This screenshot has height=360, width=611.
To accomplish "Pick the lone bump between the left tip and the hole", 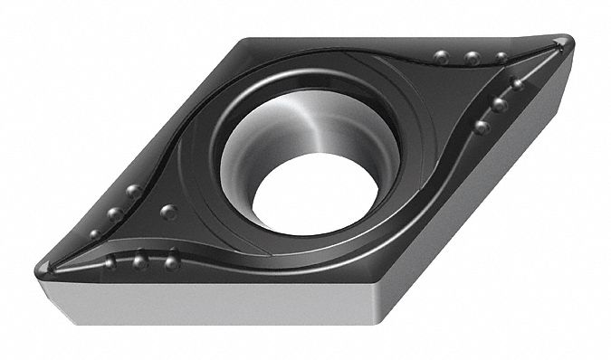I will pos(168,212).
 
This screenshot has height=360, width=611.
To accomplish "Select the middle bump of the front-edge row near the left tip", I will pos(139,263).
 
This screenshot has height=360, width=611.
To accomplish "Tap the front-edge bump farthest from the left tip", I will pos(170,263).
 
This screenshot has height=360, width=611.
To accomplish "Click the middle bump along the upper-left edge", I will pos(114,214).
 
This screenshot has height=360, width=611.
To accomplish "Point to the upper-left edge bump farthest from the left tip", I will pos(133,191).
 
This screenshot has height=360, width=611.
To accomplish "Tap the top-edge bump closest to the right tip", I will pos(501,57).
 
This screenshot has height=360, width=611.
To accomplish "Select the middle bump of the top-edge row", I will pos(472,58).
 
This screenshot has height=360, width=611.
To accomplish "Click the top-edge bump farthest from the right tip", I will pos(441,56).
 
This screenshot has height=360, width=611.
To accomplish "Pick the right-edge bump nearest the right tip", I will pos(517,84).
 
